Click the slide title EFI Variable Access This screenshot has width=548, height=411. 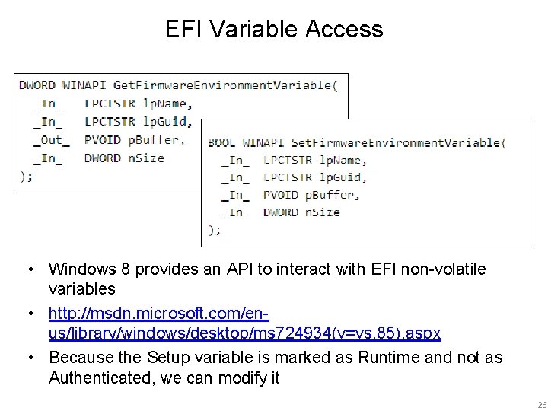pyautogui.click(x=274, y=30)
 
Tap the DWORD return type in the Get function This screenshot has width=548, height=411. pyautogui.click(x=37, y=84)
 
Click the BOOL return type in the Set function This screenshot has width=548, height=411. pyautogui.click(x=221, y=142)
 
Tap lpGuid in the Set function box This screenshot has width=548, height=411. pyautogui.click(x=342, y=177)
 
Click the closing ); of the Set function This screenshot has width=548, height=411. pyautogui.click(x=215, y=229)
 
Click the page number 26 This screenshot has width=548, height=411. pyautogui.click(x=537, y=404)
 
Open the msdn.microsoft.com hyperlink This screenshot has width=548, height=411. pyautogui.click(x=160, y=313)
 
